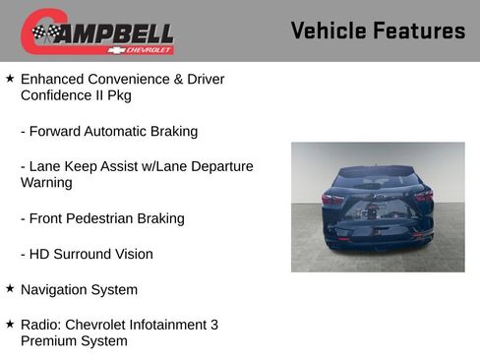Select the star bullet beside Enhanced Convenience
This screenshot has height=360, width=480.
pyautogui.click(x=10, y=77)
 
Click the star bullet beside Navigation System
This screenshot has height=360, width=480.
pyautogui.click(x=10, y=288)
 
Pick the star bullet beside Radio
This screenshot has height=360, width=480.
pyautogui.click(x=10, y=324)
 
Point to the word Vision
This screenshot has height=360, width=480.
pyautogui.click(x=131, y=255)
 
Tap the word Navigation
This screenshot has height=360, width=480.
pyautogui.click(x=55, y=290)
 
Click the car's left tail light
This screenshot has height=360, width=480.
pyautogui.click(x=332, y=199)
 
